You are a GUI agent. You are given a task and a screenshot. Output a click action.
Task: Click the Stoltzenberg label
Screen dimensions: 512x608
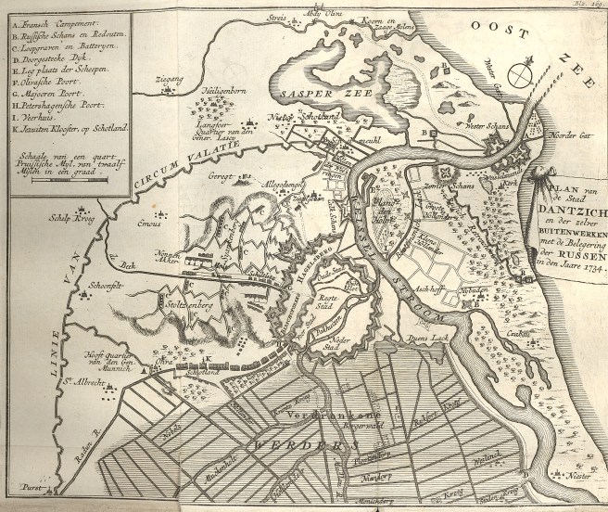[185, 301]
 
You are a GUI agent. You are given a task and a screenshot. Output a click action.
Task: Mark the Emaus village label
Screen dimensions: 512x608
[150, 222]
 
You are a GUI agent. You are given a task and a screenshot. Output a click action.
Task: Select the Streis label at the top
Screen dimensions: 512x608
[274, 16]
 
